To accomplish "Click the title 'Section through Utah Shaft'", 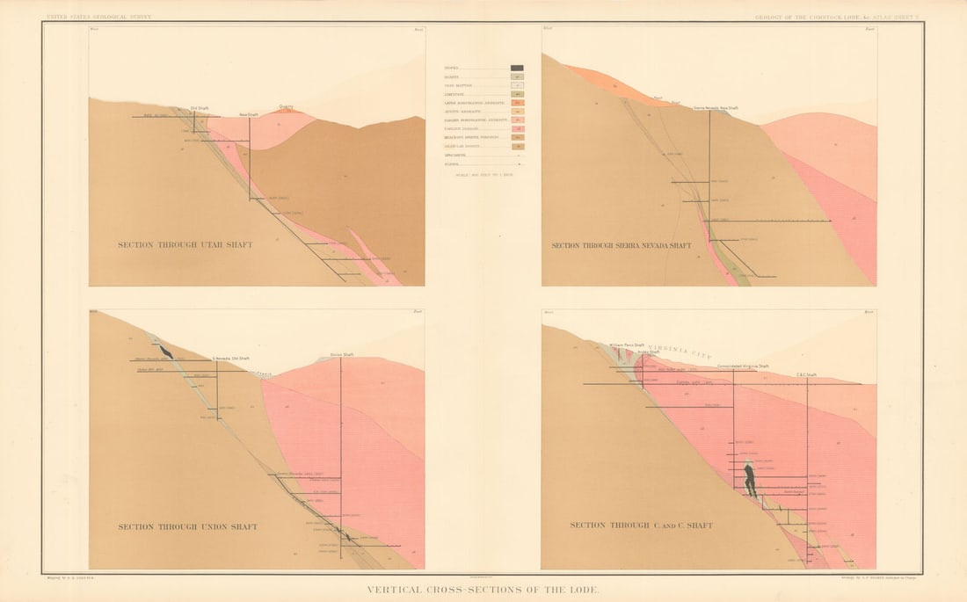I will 185,244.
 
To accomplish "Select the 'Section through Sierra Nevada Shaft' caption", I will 622,245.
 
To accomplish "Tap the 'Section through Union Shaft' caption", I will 187,527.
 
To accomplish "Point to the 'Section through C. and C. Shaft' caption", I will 641,526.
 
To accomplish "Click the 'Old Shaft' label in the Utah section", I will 200,108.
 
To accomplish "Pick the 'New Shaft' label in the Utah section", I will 249,114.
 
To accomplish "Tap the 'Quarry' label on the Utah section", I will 287,107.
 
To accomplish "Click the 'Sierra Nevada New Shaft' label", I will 716,108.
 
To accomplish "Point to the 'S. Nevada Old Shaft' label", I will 231,358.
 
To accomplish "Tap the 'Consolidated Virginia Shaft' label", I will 743,366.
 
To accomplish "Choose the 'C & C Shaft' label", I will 806,374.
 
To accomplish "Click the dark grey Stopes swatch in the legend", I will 517,68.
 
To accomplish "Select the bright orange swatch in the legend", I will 517,103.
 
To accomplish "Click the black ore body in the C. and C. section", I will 750,480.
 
